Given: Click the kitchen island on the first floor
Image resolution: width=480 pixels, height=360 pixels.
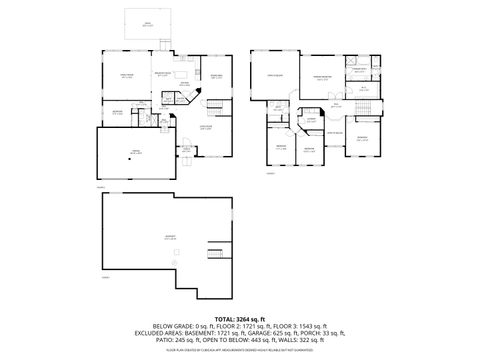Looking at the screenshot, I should tap(170, 85).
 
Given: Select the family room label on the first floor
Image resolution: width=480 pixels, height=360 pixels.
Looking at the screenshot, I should tap(127, 75).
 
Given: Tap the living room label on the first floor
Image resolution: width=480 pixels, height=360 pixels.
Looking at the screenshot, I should tap(207, 128).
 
